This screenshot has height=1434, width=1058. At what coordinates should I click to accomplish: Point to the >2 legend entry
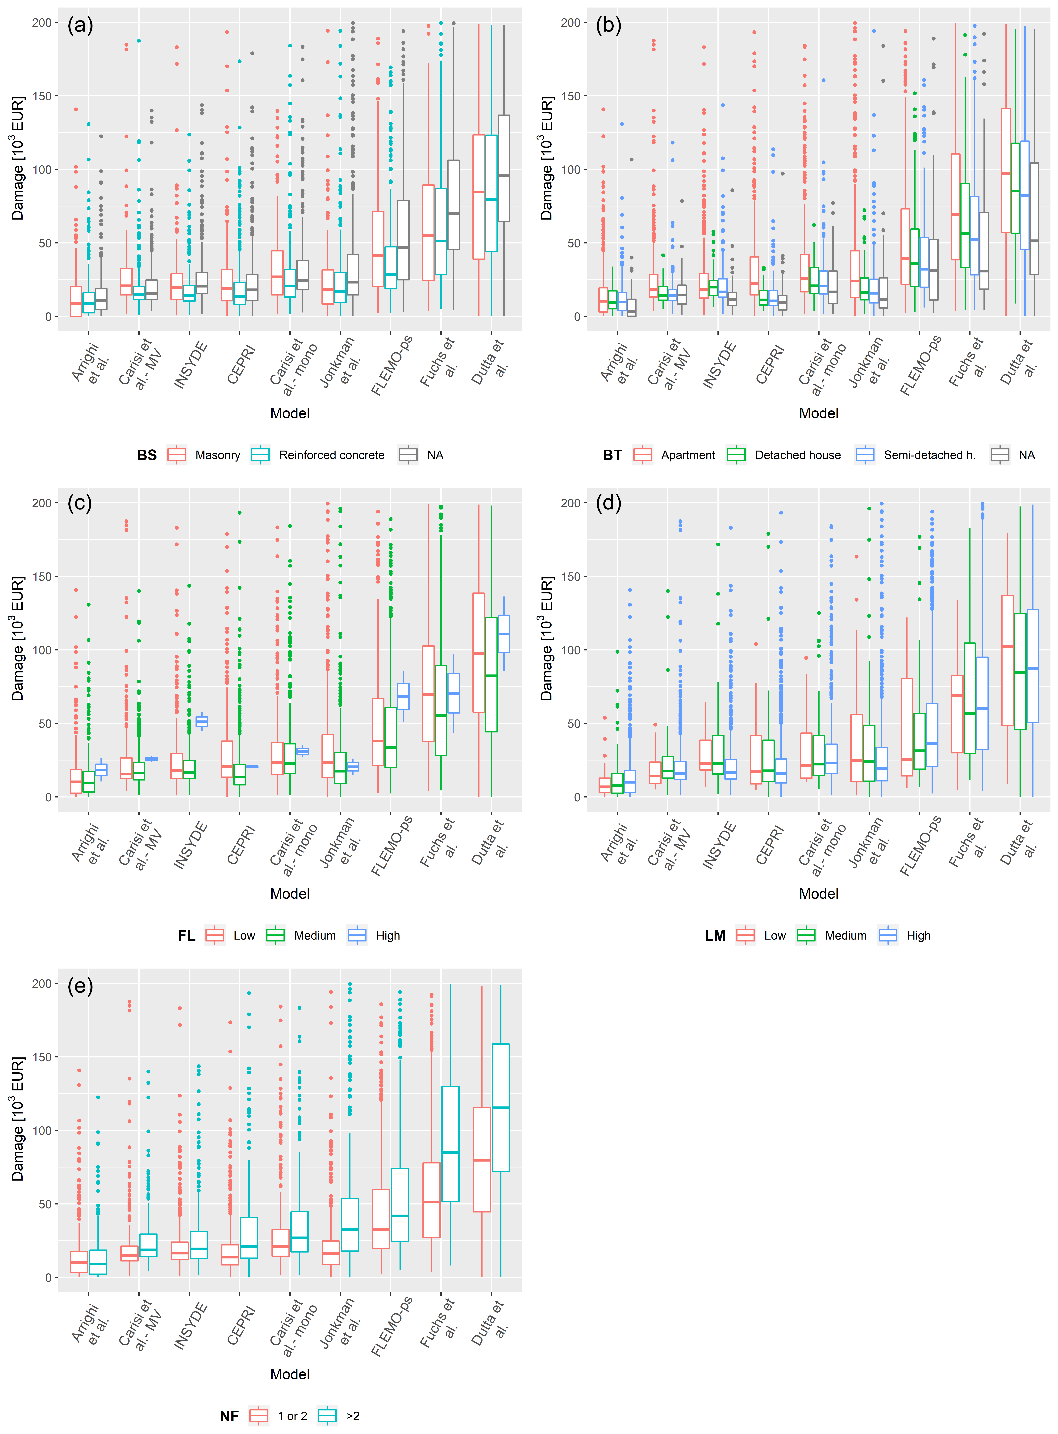click(x=339, y=1415)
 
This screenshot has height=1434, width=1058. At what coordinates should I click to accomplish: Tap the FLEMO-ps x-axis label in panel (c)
click(x=392, y=846)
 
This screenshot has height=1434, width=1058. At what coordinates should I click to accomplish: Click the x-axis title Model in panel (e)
click(x=290, y=1374)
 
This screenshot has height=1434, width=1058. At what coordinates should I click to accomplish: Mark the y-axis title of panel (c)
click(x=18, y=638)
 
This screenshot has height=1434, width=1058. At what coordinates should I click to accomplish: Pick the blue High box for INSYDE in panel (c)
click(x=201, y=721)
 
